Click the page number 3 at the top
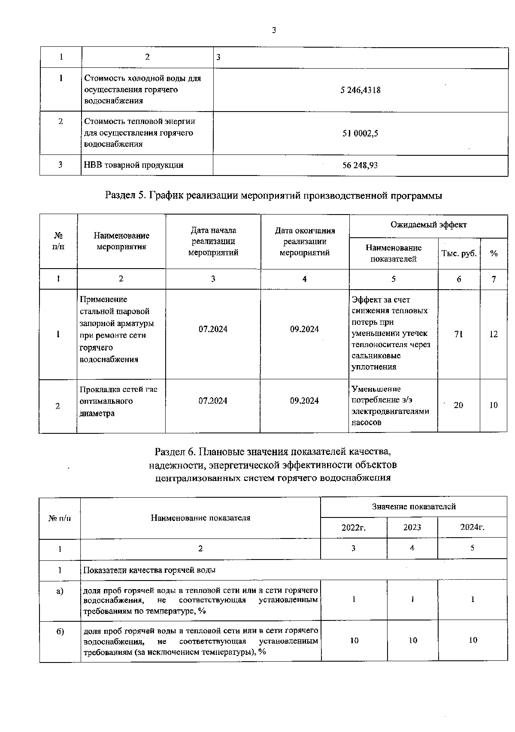(x=274, y=30)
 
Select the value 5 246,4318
(x=360, y=90)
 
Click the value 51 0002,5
(x=360, y=133)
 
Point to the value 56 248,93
(x=360, y=165)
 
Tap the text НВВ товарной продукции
(x=133, y=165)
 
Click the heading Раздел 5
(x=273, y=196)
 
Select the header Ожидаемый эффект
(x=428, y=225)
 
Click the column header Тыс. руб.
(x=459, y=253)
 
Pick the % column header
(x=494, y=253)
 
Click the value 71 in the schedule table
(x=458, y=334)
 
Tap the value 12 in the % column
(x=494, y=334)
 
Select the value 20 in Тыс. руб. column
(x=458, y=405)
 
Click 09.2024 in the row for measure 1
(x=304, y=329)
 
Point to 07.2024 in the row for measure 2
(x=213, y=401)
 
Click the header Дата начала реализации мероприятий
(x=213, y=242)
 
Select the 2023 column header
(x=412, y=527)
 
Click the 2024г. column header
(x=472, y=527)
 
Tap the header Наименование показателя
(x=200, y=518)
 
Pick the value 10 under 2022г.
(x=354, y=641)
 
